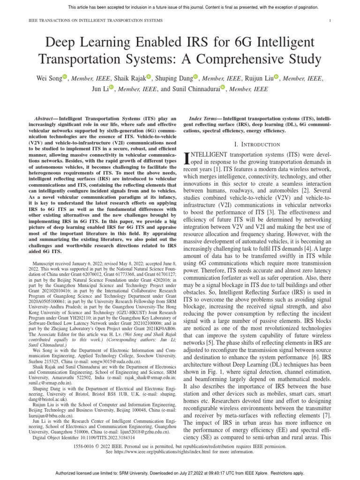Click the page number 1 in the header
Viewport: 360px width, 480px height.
point(330,21)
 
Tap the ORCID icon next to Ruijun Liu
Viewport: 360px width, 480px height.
point(277,77)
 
